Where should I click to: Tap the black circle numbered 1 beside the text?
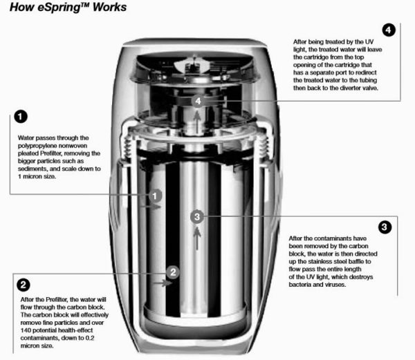click(21, 118)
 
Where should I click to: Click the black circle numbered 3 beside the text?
click(385, 227)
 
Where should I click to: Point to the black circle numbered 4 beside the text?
click(389, 30)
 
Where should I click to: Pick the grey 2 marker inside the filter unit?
click(174, 272)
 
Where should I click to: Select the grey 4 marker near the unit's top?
click(199, 102)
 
